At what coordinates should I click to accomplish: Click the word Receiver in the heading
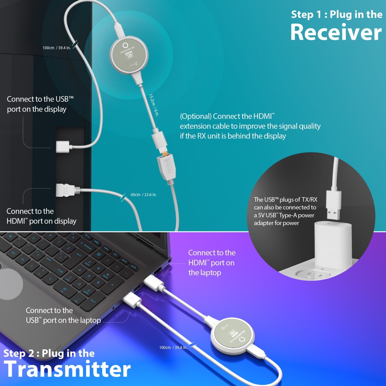tap(336, 32)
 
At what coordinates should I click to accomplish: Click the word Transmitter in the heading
tap(67, 369)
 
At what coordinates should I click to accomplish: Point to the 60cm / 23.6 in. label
tap(143, 195)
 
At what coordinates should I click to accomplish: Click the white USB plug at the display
tap(62, 146)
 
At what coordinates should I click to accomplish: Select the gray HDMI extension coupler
tap(167, 167)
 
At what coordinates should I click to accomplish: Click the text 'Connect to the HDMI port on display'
tap(41, 216)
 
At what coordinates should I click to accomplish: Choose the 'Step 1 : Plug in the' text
tap(336, 14)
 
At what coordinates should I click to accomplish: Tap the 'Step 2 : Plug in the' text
tap(49, 353)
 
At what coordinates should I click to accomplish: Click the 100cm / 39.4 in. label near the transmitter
tap(173, 347)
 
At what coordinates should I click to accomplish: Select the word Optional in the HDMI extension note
tap(196, 116)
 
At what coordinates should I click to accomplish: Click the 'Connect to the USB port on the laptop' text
tap(63, 315)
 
